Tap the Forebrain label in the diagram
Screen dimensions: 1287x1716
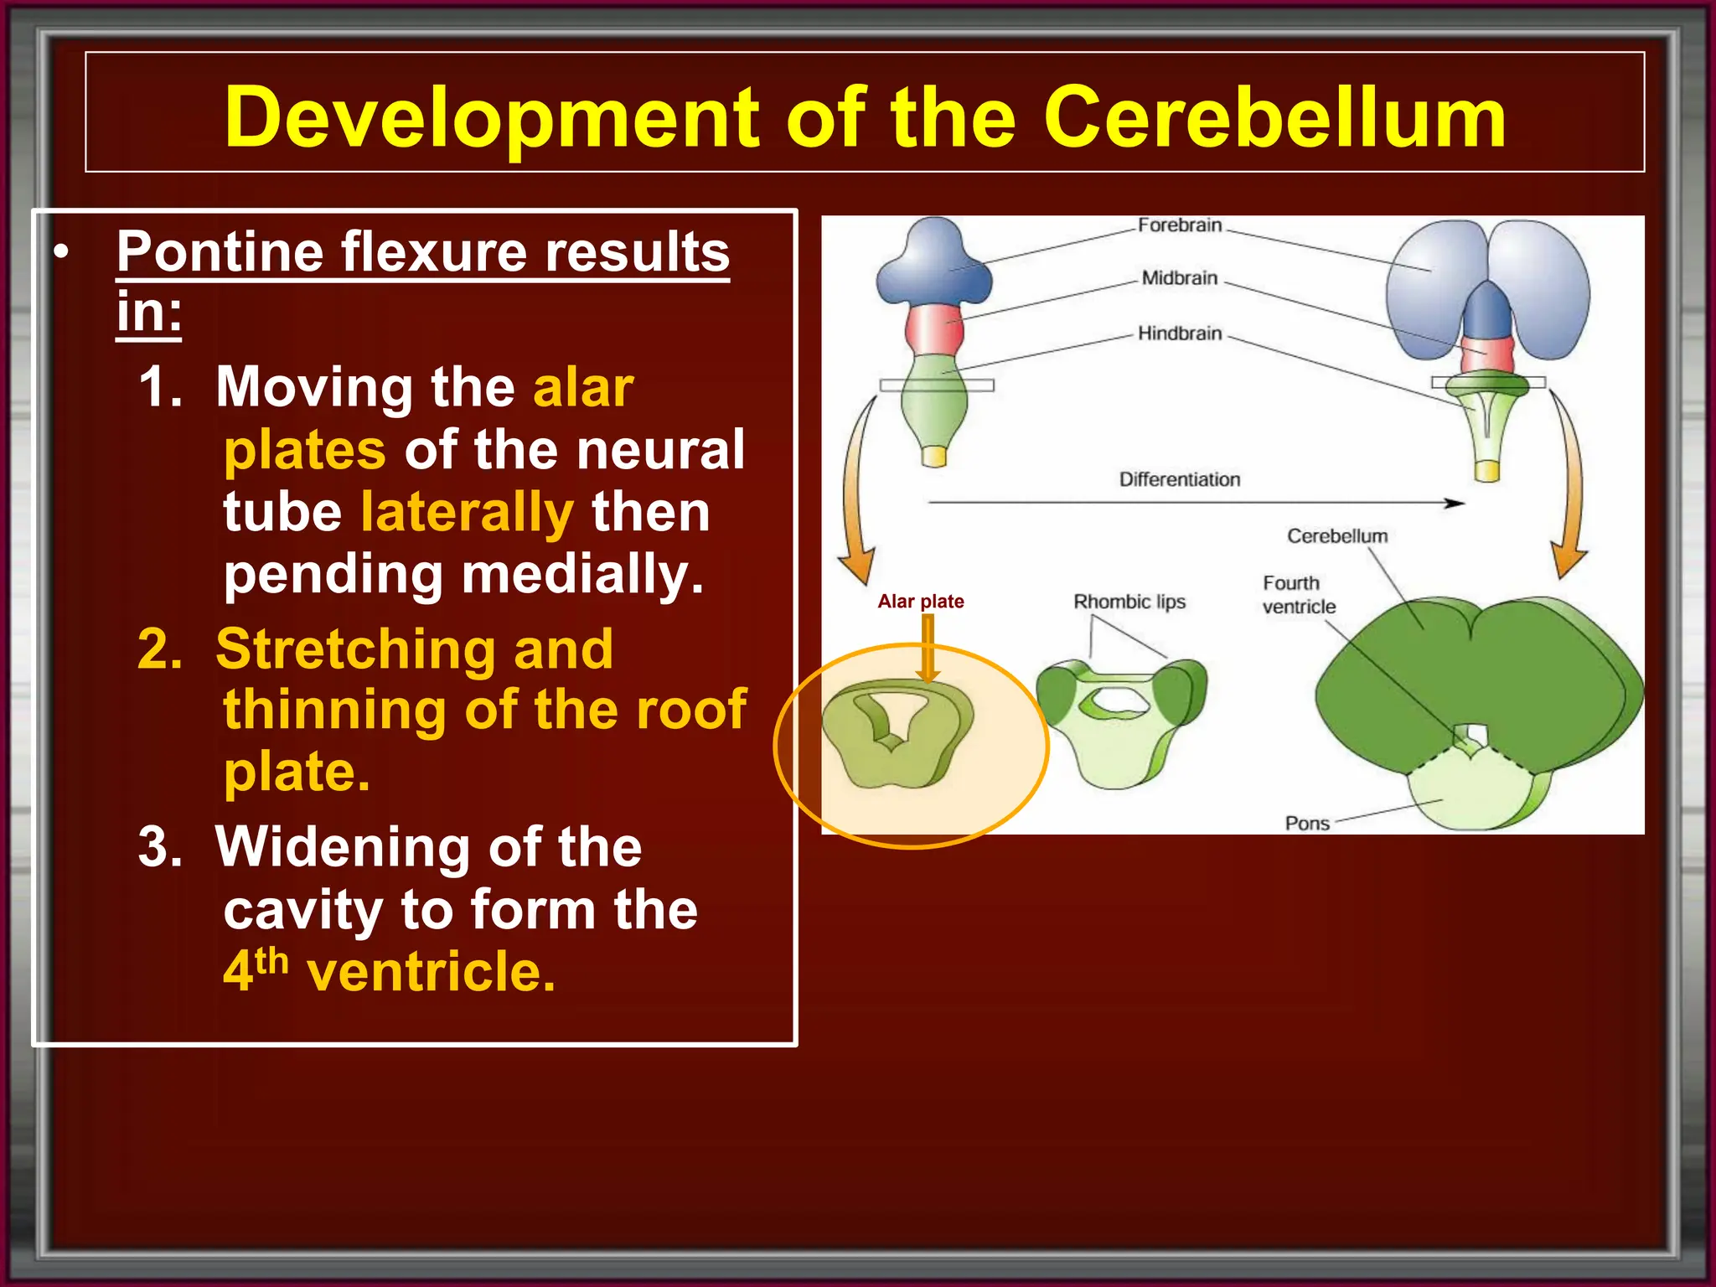pyautogui.click(x=1179, y=225)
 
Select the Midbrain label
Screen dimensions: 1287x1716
pyautogui.click(x=1179, y=278)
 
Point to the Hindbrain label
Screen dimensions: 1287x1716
pyautogui.click(x=1179, y=333)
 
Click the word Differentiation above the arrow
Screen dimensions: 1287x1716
pyautogui.click(x=1179, y=479)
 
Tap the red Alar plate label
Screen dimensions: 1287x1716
pyautogui.click(x=920, y=602)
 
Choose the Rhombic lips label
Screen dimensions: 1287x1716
pyautogui.click(x=1129, y=602)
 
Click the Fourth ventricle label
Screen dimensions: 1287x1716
pyautogui.click(x=1298, y=595)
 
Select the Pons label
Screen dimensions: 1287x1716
pyautogui.click(x=1307, y=823)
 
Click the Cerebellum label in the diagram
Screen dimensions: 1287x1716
pyautogui.click(x=1336, y=536)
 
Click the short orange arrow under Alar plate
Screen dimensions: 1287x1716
pyautogui.click(x=928, y=649)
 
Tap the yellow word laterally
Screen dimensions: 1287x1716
pyautogui.click(x=467, y=512)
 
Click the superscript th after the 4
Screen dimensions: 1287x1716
pyautogui.click(x=272, y=961)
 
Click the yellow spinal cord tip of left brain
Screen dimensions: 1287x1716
pyautogui.click(x=933, y=457)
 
